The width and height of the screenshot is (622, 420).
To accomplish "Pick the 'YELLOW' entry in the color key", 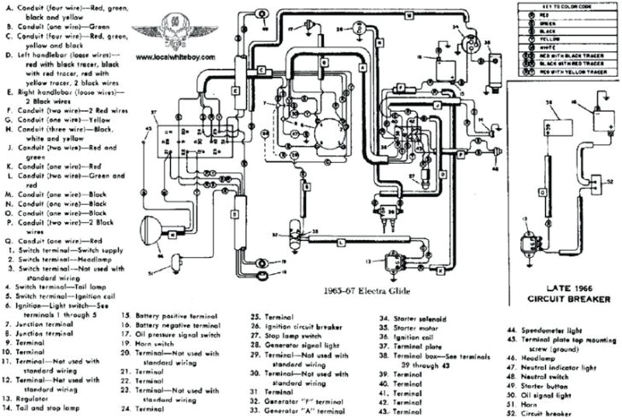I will point(547,38).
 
